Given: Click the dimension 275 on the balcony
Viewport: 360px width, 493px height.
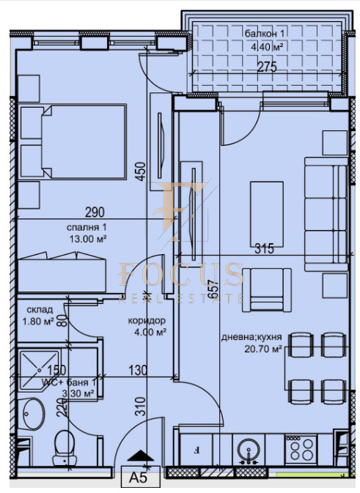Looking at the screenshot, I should (x=267, y=67).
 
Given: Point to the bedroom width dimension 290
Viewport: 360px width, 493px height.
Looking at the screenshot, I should (x=95, y=213).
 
